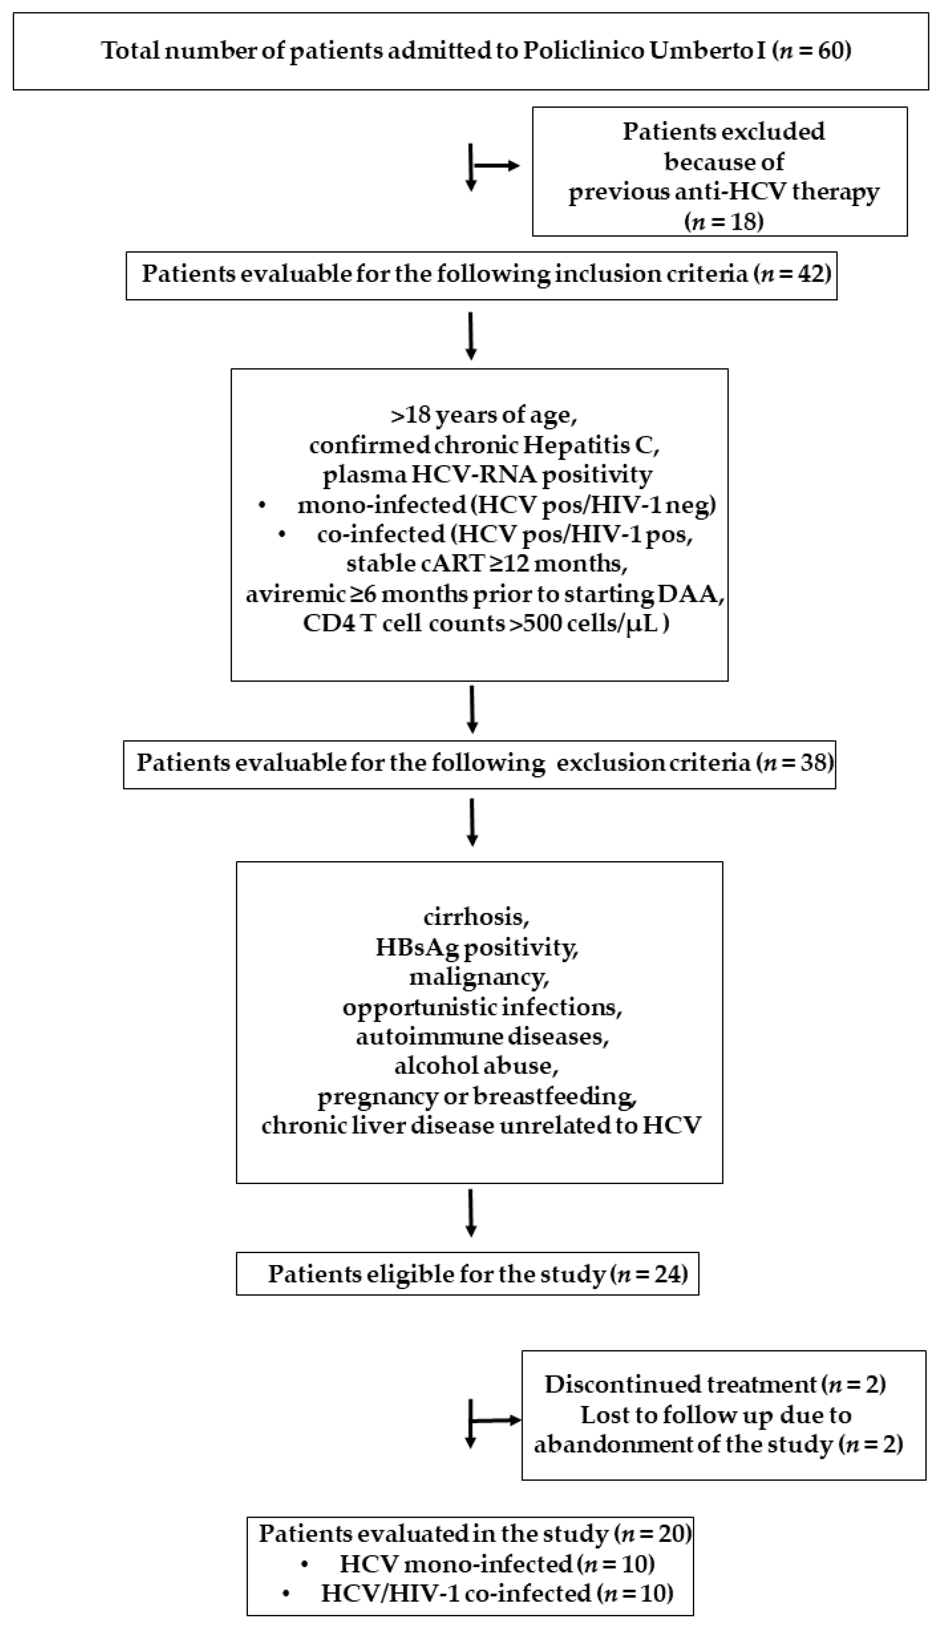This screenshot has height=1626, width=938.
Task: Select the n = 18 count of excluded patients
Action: pos(723,221)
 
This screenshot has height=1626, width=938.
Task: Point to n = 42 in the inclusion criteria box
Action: pos(795,274)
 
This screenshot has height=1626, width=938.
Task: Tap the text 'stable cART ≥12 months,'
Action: pos(487,563)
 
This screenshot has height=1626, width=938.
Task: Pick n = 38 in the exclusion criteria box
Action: pos(797,762)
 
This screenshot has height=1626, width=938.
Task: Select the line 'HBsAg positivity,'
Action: pos(477,947)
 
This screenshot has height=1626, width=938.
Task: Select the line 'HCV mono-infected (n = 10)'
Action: pos(497,1563)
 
